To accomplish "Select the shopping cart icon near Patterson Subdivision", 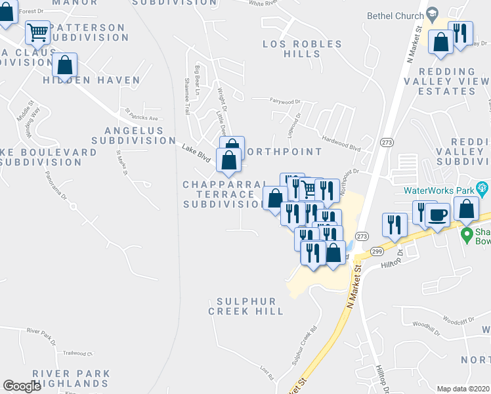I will pyautogui.click(x=38, y=31).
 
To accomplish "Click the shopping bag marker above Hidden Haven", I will pyautogui.click(x=64, y=65).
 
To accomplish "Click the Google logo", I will pyautogui.click(x=22, y=386).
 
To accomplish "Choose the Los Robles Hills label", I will pyautogui.click(x=303, y=49).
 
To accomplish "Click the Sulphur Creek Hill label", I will pyautogui.click(x=246, y=306).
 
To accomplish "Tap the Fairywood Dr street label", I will pyautogui.click(x=284, y=102).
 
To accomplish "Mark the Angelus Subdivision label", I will pyautogui.click(x=129, y=135).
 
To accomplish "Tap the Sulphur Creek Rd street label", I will pyautogui.click(x=305, y=345).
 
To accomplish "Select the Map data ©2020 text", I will pyautogui.click(x=463, y=389).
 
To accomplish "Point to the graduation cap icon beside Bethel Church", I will pyautogui.click(x=432, y=14).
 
